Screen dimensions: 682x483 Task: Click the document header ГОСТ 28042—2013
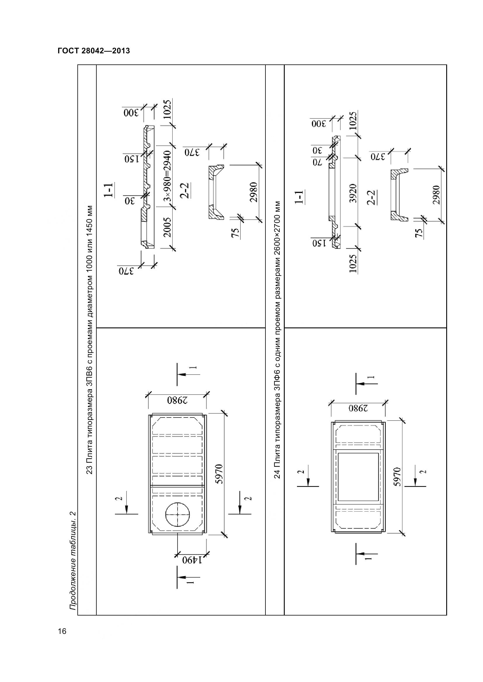[x=94, y=51]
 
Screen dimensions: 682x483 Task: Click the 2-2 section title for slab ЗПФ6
[x=371, y=197]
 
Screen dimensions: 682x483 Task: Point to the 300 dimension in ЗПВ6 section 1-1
[x=131, y=113]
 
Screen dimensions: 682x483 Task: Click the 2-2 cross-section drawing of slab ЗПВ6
[x=216, y=192]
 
